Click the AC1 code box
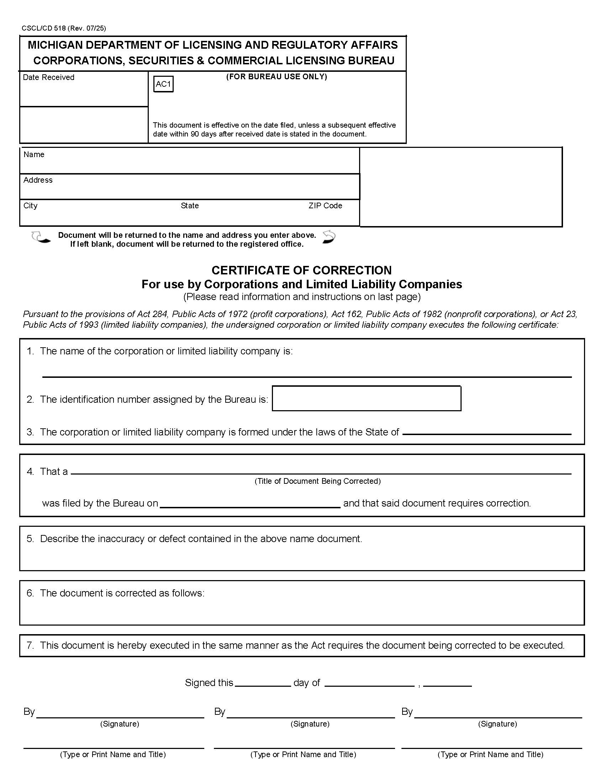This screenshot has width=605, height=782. [163, 84]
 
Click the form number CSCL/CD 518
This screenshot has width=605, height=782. [43, 28]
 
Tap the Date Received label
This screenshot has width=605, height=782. [48, 77]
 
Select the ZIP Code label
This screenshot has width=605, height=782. [325, 205]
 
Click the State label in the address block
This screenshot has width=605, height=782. [190, 205]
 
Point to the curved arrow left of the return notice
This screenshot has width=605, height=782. [40, 237]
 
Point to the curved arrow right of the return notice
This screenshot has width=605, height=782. [329, 237]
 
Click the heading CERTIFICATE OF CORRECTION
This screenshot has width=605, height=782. [301, 270]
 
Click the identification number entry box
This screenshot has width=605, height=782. [366, 398]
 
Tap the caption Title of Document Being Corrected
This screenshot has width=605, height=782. [317, 481]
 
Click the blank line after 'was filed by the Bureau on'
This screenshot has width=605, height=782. [250, 503]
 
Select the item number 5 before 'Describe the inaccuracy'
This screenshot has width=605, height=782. [30, 539]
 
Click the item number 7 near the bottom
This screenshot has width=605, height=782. [30, 645]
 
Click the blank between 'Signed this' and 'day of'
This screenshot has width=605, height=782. [262, 682]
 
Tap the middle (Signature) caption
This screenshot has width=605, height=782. [310, 724]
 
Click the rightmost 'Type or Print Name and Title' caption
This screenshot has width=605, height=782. [490, 754]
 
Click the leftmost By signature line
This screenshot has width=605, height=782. [120, 714]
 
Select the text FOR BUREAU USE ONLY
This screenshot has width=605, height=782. [276, 77]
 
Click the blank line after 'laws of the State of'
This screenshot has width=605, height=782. [486, 431]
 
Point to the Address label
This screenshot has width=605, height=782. [38, 180]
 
